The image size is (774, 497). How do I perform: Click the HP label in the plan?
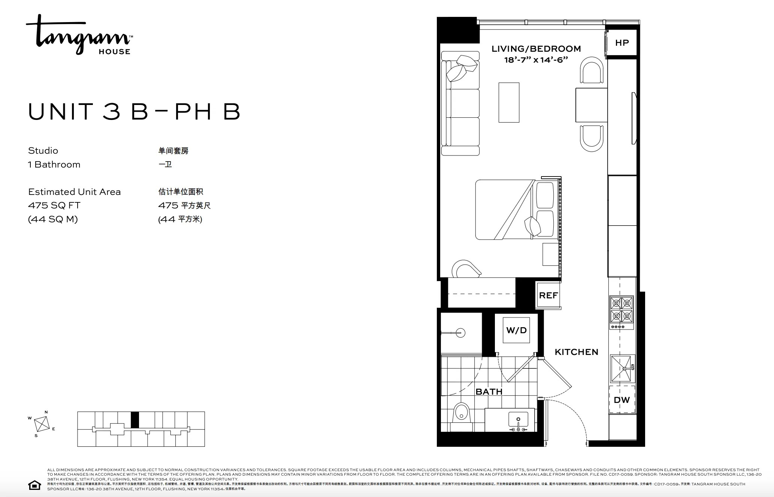(x=622, y=43)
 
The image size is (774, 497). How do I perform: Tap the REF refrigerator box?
(x=548, y=295)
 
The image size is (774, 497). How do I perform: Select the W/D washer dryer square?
(x=516, y=330)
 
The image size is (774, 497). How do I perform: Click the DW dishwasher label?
(x=622, y=400)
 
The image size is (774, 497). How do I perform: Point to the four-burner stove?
(x=621, y=310)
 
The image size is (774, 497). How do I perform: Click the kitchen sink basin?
(x=621, y=368)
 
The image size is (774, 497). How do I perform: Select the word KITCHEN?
(x=576, y=352)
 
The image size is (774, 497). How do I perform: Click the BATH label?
(x=489, y=392)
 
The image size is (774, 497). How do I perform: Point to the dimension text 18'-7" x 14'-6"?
(x=536, y=60)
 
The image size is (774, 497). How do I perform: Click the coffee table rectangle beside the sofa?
(x=509, y=102)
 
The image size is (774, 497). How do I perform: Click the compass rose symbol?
(x=42, y=424)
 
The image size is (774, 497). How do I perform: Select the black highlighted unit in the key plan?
(x=135, y=419)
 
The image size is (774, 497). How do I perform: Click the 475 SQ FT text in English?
(x=54, y=205)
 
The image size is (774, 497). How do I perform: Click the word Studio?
(x=43, y=151)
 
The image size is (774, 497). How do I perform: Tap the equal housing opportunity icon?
(x=34, y=485)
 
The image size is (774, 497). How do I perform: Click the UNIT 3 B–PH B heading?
(x=134, y=111)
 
